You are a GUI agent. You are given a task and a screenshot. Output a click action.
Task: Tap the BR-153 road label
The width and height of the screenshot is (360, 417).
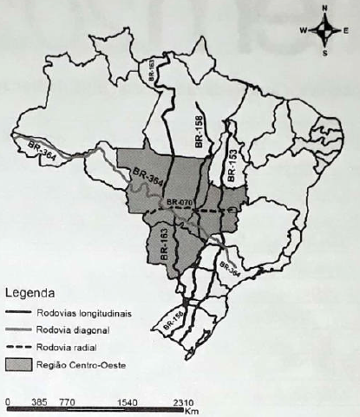[232, 163]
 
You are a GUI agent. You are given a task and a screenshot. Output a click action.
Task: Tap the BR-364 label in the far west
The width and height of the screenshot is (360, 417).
[37, 147]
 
